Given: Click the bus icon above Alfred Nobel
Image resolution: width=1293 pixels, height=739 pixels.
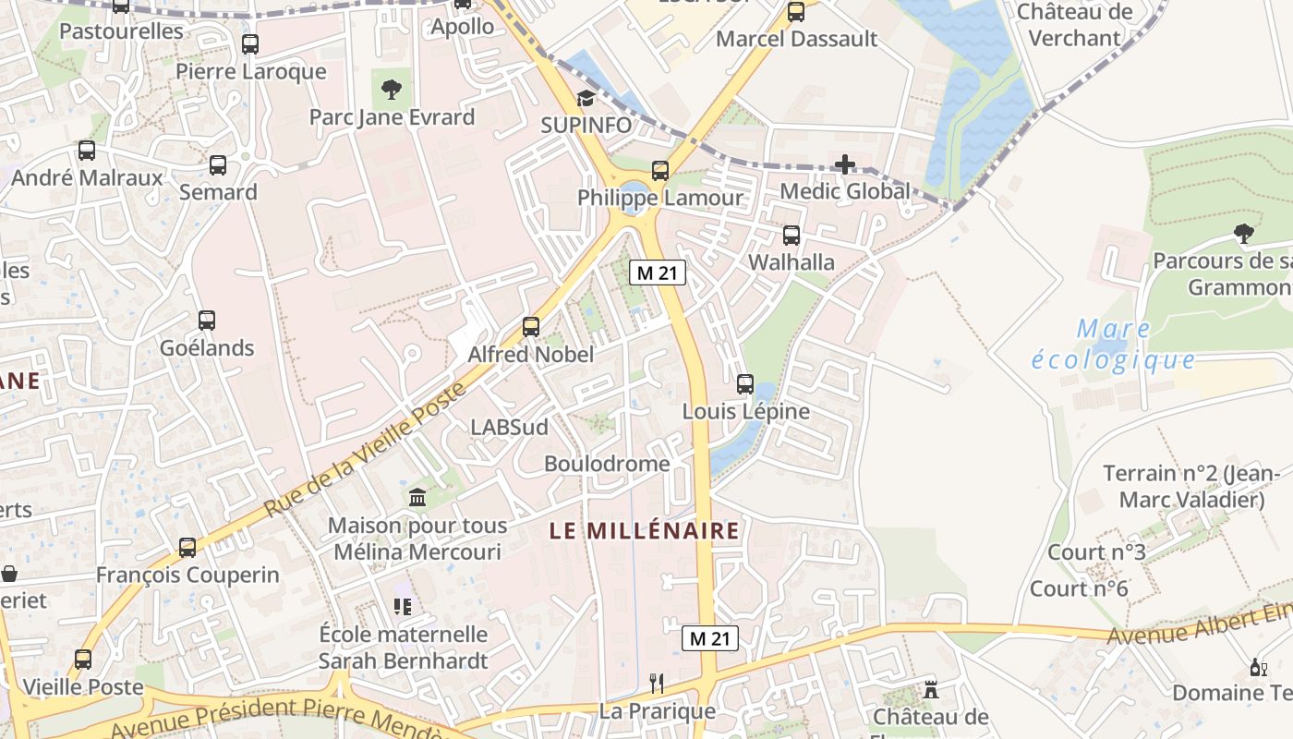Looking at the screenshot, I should coord(530,326).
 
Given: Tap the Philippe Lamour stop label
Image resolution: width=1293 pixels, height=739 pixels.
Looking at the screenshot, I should coord(659,198).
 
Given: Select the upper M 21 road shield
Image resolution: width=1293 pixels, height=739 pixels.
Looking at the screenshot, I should coord(658,273).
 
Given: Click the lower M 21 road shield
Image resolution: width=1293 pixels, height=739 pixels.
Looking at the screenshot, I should coord(710,637).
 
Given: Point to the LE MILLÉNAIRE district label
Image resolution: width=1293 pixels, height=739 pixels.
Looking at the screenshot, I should coord(644,530).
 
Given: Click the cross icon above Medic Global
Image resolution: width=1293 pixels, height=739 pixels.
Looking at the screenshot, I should coord(844,165).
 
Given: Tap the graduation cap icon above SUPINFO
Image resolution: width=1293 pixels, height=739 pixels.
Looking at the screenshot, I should coord(586,98).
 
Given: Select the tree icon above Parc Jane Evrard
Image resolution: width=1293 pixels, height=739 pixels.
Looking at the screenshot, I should coord(392,90).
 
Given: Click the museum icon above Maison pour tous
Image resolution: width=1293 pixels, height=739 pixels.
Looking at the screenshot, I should coord(417,498).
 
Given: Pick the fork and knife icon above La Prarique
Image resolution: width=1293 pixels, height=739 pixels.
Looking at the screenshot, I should coord(657,684).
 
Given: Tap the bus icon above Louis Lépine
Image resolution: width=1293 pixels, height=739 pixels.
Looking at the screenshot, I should coord(745,383).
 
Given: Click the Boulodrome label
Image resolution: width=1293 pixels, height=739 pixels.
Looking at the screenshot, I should coord(606,463).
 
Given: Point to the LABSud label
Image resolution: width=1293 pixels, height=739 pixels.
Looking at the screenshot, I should coord(509,427).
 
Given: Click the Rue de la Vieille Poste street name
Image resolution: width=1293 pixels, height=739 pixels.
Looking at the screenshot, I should coord(365,450).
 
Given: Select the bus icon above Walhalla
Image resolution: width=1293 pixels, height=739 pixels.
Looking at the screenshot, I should coord(792,235).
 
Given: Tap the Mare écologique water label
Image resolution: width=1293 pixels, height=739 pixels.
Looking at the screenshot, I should coord(1113,345).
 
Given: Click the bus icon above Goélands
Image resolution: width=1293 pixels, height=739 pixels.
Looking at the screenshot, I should coord(207,321).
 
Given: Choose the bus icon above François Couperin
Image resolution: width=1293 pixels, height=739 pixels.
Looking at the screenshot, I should coord(187,548).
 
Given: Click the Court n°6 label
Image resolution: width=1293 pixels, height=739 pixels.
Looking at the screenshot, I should coord(1079,588).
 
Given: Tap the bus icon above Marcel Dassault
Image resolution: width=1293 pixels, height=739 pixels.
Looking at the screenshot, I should coord(796,12).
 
